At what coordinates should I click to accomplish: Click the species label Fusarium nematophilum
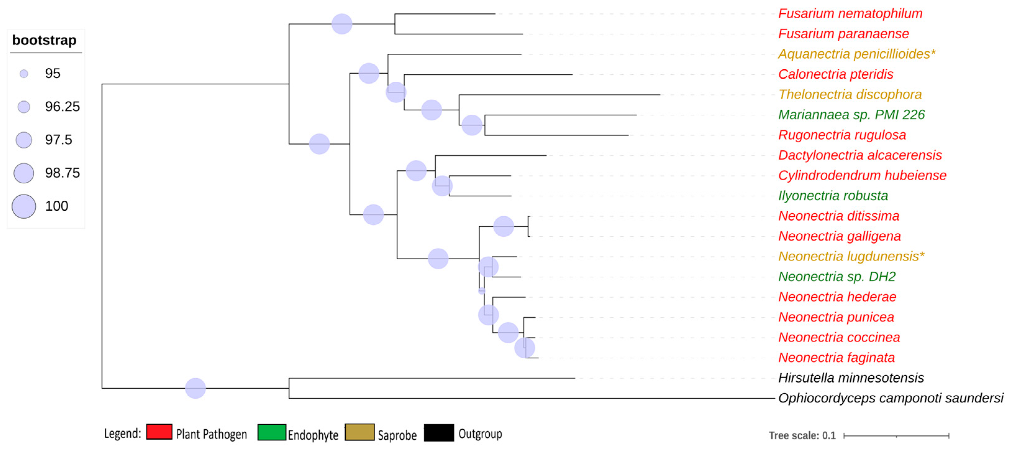tap(850, 14)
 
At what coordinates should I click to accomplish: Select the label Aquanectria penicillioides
tap(857, 54)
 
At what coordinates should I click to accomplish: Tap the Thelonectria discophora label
tap(850, 94)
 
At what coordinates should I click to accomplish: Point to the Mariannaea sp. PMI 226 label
tap(851, 115)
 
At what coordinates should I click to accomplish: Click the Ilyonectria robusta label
tap(833, 195)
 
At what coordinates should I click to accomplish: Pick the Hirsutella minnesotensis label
tap(851, 378)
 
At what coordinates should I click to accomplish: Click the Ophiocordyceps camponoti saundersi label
tap(890, 398)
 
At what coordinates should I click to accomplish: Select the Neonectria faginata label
tap(836, 357)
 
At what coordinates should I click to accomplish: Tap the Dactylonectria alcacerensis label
tap(860, 155)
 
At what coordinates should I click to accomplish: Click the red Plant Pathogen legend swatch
tap(159, 432)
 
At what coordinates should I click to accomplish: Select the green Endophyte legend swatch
tap(271, 432)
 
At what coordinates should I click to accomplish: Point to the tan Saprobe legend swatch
tap(359, 432)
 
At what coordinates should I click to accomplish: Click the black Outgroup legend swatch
tap(439, 432)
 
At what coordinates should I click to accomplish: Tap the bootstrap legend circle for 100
tap(24, 206)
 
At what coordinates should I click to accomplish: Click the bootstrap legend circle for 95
tap(24, 74)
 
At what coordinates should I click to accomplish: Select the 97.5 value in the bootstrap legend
tap(58, 140)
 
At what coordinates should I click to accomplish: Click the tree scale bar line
tap(896, 435)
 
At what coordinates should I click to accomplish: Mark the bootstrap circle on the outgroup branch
tap(195, 388)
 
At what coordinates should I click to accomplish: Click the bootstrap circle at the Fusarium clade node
tap(342, 24)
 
